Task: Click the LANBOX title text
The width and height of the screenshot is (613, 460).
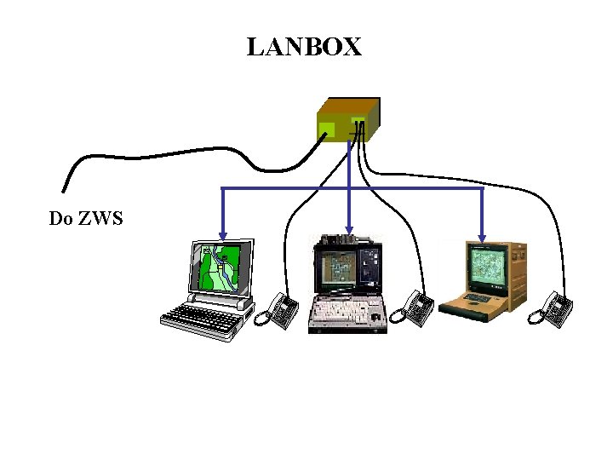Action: [304, 48]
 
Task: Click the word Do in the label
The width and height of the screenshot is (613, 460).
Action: [60, 219]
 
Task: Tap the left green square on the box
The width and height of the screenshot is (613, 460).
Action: [326, 129]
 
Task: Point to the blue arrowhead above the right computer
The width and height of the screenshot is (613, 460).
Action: [483, 236]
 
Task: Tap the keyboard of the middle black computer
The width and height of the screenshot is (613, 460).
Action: [347, 314]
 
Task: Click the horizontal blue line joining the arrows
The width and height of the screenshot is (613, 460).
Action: [409, 188]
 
